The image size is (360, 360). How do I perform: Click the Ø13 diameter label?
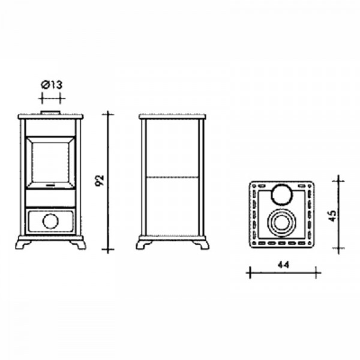(52, 85)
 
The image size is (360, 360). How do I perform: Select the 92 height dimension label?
(100, 181)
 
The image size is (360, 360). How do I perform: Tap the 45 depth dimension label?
(332, 216)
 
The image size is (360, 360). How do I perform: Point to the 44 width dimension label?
(284, 265)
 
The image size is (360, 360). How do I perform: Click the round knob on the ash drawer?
(50, 221)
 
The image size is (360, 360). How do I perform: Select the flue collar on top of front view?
(50, 113)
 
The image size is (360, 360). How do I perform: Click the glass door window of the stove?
(50, 163)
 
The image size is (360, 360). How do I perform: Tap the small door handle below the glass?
(50, 185)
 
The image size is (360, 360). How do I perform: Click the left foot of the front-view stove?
(23, 245)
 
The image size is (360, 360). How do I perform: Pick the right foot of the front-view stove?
(78, 245)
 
